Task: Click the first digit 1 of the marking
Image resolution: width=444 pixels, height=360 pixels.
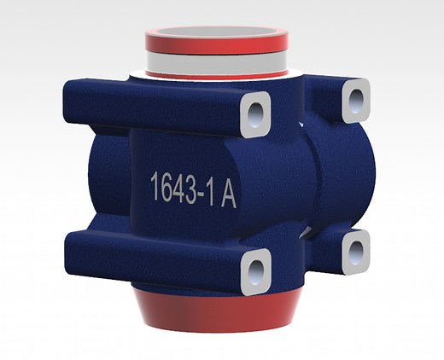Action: point(155,185)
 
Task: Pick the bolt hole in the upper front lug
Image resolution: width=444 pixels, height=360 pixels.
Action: point(255,115)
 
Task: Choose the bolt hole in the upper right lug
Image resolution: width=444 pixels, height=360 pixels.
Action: point(356,101)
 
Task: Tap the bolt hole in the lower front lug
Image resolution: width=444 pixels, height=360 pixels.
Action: point(255,271)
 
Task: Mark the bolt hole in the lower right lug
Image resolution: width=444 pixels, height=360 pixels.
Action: point(356,251)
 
